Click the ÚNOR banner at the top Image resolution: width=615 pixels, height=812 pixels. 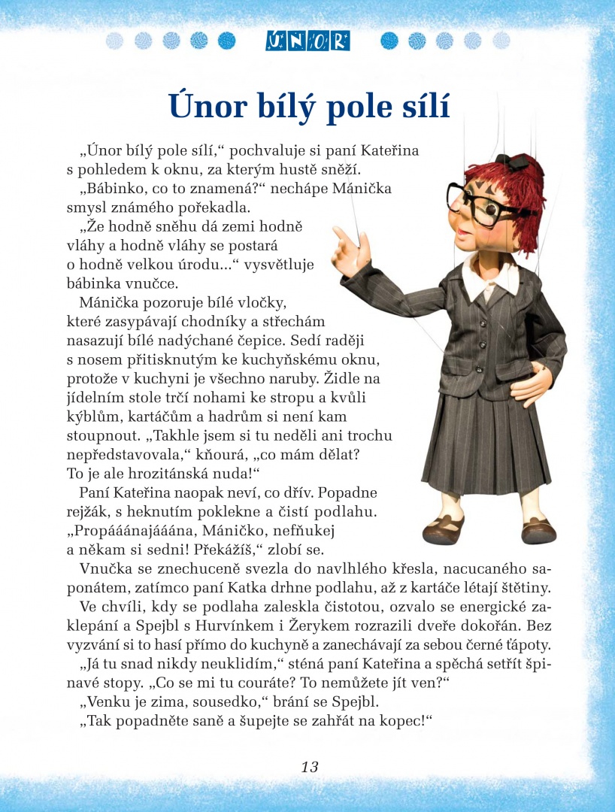click(307, 41)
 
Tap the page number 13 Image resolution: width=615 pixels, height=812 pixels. click(310, 767)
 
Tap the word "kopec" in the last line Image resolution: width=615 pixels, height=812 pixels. click(398, 722)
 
